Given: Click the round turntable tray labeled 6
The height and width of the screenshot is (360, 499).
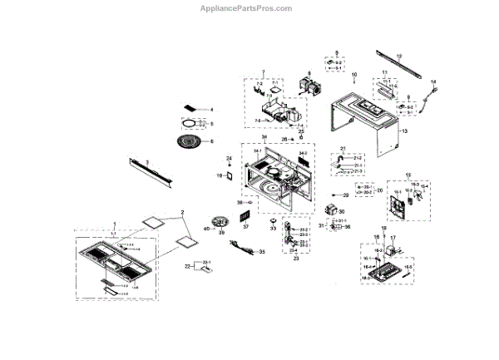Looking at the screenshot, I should point(194,142).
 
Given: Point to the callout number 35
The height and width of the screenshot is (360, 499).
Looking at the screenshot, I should point(263,251).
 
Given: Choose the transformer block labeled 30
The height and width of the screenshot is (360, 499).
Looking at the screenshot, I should point(339,213).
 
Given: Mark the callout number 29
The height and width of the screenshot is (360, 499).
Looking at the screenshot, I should point(344,195).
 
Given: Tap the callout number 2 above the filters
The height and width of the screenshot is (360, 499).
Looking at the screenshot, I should point(183,212).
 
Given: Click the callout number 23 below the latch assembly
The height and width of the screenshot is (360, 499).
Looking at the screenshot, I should point(293,259).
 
